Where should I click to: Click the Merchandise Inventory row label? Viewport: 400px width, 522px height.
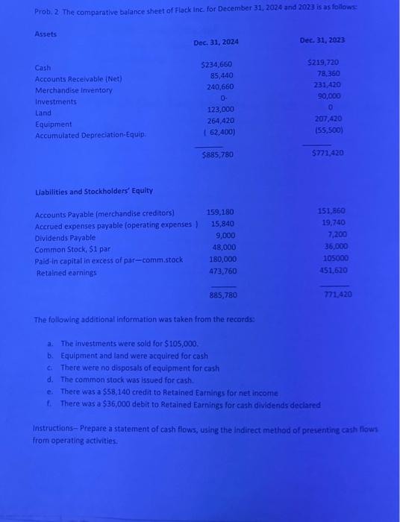[74, 90]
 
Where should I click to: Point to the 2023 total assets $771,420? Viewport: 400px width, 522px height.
[325, 152]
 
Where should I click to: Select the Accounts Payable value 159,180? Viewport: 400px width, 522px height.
[221, 212]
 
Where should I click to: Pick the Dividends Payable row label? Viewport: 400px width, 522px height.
[66, 237]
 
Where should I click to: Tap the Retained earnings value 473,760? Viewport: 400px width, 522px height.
[222, 271]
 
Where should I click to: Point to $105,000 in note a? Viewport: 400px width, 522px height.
[181, 344]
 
